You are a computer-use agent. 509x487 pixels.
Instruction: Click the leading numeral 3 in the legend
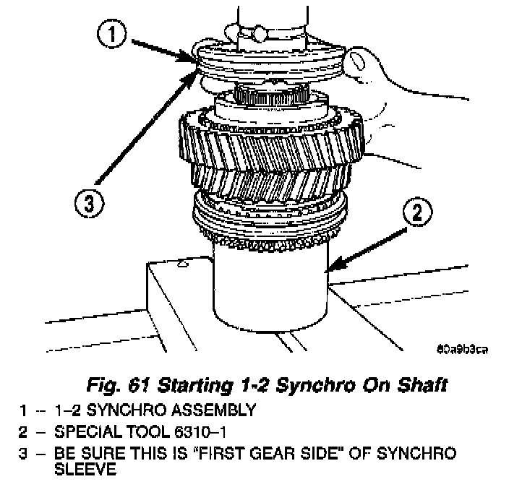pos(24,452)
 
